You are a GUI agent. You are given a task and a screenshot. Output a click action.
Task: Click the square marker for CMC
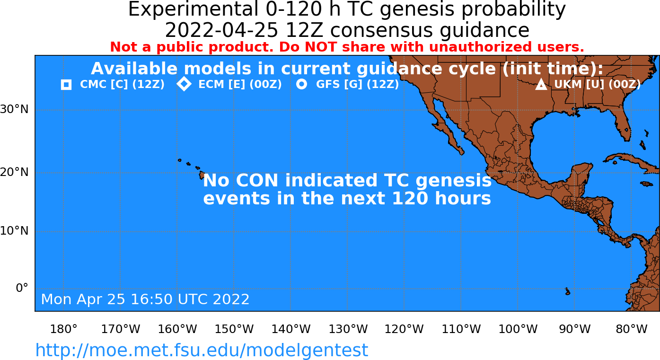[66, 85]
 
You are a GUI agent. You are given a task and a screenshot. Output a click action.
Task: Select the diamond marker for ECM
[184, 84]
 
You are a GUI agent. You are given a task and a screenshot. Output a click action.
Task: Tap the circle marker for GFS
[301, 85]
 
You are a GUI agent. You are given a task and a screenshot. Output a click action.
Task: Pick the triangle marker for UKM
[541, 85]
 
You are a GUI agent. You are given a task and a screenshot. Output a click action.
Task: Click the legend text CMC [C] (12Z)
[122, 85]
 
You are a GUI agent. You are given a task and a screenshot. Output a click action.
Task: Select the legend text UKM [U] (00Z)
[598, 85]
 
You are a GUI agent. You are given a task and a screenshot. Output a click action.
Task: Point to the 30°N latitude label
[14, 109]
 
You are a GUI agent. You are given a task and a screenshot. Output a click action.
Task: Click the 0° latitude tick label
[22, 288]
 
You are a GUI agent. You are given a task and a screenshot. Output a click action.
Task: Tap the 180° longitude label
[64, 329]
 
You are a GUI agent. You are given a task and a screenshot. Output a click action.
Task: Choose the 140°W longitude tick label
[291, 329]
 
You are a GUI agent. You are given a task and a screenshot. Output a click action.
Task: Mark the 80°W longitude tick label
[632, 329]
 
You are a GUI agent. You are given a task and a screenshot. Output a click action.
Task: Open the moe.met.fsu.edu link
[202, 350]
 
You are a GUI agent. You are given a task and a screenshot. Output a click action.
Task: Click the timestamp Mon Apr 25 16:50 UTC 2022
[145, 299]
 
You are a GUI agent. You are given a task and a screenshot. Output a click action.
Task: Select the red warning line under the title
[347, 47]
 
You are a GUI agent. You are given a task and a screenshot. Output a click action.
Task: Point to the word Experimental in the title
[194, 9]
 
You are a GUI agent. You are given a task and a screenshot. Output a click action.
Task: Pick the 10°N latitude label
[14, 231]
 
